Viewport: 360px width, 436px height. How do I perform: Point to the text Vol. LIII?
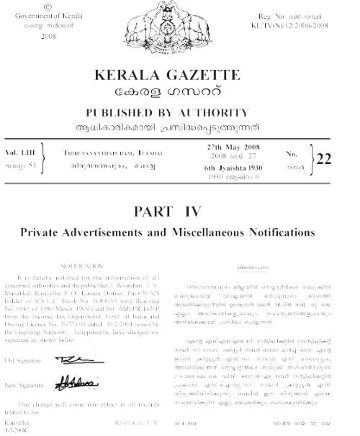point(20,153)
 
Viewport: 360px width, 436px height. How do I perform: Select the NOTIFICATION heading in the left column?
point(81,265)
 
